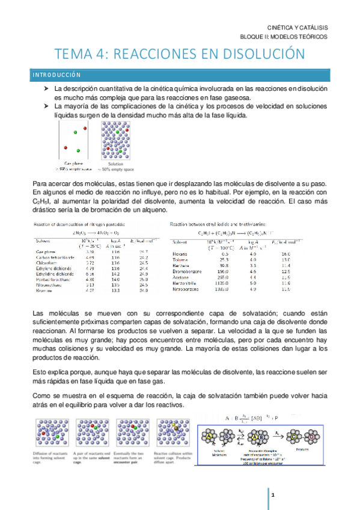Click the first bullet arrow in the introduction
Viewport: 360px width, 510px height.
click(x=45, y=88)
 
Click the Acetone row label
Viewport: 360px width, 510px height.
click(x=181, y=278)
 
